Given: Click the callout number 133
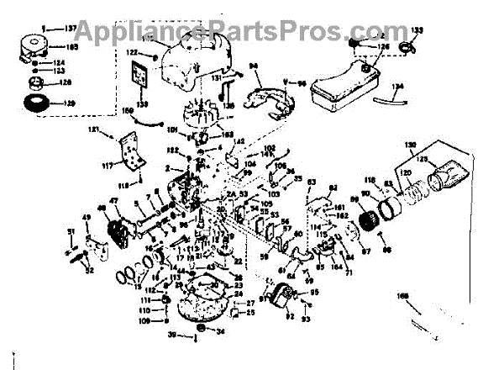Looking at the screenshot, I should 417,31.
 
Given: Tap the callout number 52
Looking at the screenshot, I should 90,270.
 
